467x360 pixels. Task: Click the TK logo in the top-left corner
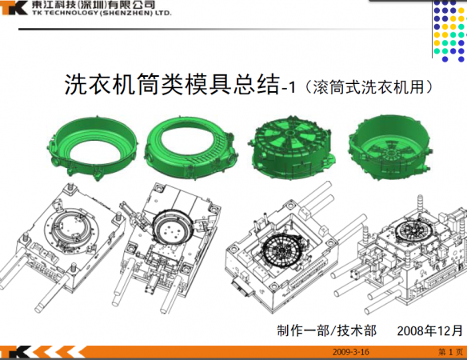pyautogui.click(x=14, y=7)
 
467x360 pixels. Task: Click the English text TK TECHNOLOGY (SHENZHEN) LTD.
pyautogui.click(x=102, y=13)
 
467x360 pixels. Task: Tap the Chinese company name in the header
pyautogui.click(x=94, y=5)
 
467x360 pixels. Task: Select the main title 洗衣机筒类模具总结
pyautogui.click(x=172, y=85)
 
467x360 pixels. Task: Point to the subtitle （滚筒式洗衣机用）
pyautogui.click(x=369, y=87)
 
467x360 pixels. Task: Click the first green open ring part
pyautogui.click(x=92, y=147)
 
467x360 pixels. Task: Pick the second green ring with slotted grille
pyautogui.click(x=191, y=148)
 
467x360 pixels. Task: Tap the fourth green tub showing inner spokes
pyautogui.click(x=389, y=147)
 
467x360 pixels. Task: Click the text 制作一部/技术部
pyautogui.click(x=327, y=330)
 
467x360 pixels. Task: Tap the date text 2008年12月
pyautogui.click(x=429, y=330)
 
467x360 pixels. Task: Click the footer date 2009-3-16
pyautogui.click(x=351, y=352)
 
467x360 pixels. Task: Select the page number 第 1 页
pyautogui.click(x=451, y=352)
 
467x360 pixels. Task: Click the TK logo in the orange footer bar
pyautogui.click(x=15, y=352)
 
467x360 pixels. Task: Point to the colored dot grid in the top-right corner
pyautogui.click(x=449, y=30)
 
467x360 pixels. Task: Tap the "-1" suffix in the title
pyautogui.click(x=289, y=88)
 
